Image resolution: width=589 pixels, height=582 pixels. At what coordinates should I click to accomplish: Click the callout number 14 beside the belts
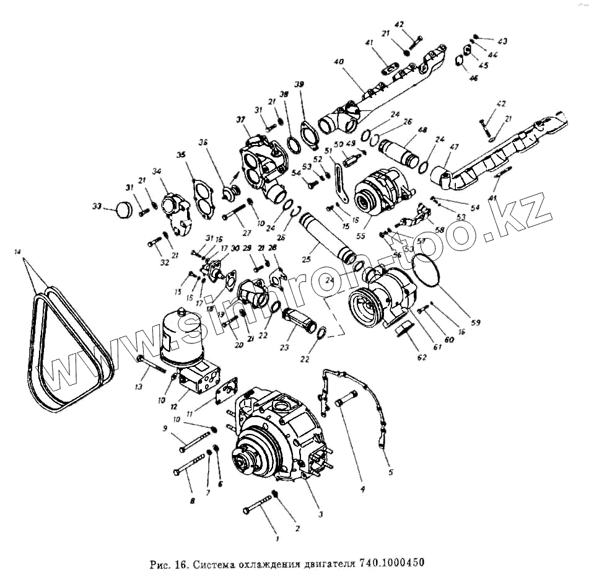click(x=17, y=252)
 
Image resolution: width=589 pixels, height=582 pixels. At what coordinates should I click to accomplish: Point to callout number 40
click(x=338, y=62)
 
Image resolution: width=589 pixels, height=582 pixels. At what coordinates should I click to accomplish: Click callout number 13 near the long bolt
click(x=137, y=386)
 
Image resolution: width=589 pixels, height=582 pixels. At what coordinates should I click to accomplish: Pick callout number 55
click(x=361, y=236)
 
